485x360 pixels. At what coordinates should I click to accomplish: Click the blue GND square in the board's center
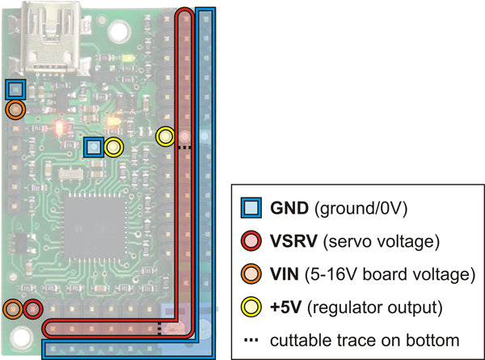click(x=94, y=147)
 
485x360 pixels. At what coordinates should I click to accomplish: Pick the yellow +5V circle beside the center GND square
click(x=113, y=147)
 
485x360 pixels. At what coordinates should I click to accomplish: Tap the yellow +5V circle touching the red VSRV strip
click(x=166, y=137)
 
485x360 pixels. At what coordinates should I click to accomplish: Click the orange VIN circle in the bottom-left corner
click(x=13, y=308)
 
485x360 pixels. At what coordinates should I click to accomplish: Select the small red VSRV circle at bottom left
click(x=32, y=308)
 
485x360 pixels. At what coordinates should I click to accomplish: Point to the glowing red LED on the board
click(x=59, y=128)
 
